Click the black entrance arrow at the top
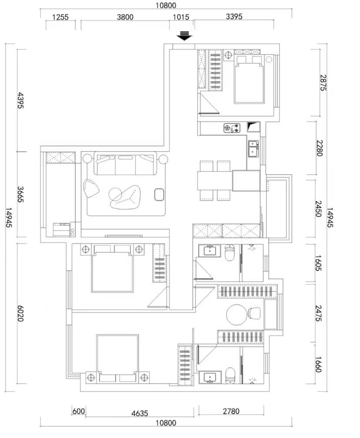point(184,36)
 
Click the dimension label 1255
point(60,17)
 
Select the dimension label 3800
point(125,17)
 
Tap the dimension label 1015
point(181,17)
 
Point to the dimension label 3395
point(234,17)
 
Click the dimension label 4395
point(21,100)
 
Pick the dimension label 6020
point(20,313)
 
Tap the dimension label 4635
point(140,413)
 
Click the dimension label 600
point(79,411)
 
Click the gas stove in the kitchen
point(232,128)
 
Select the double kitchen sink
point(253,149)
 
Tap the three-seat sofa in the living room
point(126,163)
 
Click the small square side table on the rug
point(159,195)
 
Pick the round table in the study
point(237,315)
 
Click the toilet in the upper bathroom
point(230,253)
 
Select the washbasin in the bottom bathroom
point(210,378)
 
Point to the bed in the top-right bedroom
point(249,80)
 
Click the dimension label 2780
point(231,411)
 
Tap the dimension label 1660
point(318,365)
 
